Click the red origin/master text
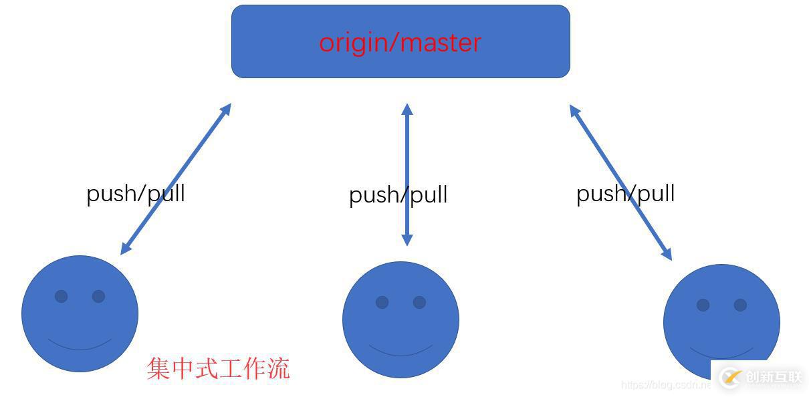[400, 42]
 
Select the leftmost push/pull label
[135, 193]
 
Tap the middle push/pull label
[398, 195]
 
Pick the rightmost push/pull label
[625, 193]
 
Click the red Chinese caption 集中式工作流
[218, 368]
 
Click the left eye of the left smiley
[61, 296]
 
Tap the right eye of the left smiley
[98, 296]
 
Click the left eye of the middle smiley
[382, 302]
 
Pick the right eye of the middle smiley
[419, 302]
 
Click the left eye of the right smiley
[703, 305]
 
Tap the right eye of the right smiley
[740, 305]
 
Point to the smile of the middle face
[400, 354]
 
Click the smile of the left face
[80, 347]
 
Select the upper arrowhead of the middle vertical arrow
[407, 108]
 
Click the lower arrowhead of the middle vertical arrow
[407, 241]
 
